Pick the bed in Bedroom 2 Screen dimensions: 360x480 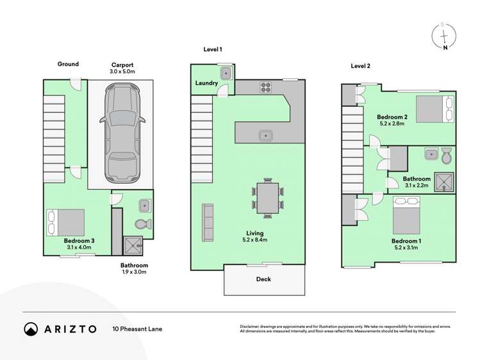pos(434,108)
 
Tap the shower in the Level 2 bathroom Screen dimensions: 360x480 pos(443,183)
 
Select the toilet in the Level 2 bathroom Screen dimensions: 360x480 pos(447,155)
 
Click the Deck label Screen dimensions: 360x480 pos(263,279)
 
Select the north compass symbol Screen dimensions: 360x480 pos(444,35)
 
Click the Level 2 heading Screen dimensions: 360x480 pos(360,66)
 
